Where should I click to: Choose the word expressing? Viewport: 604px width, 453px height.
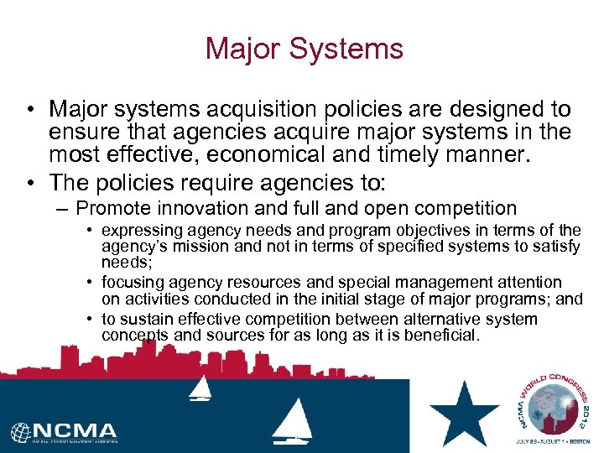coord(138,231)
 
